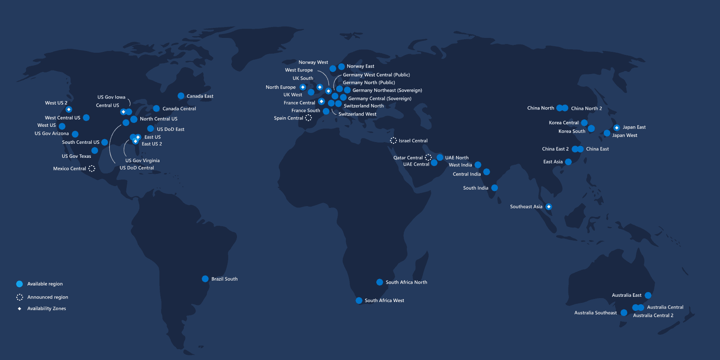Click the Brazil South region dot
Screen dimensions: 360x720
point(205,279)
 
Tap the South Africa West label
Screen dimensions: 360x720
point(384,300)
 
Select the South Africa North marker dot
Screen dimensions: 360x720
point(379,282)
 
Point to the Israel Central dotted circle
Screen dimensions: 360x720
point(393,140)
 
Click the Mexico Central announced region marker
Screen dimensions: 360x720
point(92,168)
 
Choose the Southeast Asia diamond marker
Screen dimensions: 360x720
point(549,207)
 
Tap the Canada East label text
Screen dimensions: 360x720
point(200,96)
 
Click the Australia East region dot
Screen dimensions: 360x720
point(648,295)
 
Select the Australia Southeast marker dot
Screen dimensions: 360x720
point(624,312)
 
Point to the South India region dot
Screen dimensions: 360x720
point(494,188)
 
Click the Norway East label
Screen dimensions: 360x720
point(360,66)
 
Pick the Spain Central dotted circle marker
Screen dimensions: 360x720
point(308,118)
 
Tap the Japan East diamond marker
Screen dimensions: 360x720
point(616,128)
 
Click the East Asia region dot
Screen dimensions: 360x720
point(568,162)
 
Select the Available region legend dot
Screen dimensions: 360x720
point(20,284)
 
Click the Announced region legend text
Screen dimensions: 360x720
point(47,297)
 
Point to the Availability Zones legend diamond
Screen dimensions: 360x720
point(20,309)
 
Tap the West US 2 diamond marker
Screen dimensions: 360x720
point(69,109)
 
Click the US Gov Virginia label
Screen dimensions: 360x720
point(142,160)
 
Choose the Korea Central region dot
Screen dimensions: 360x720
point(585,123)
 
